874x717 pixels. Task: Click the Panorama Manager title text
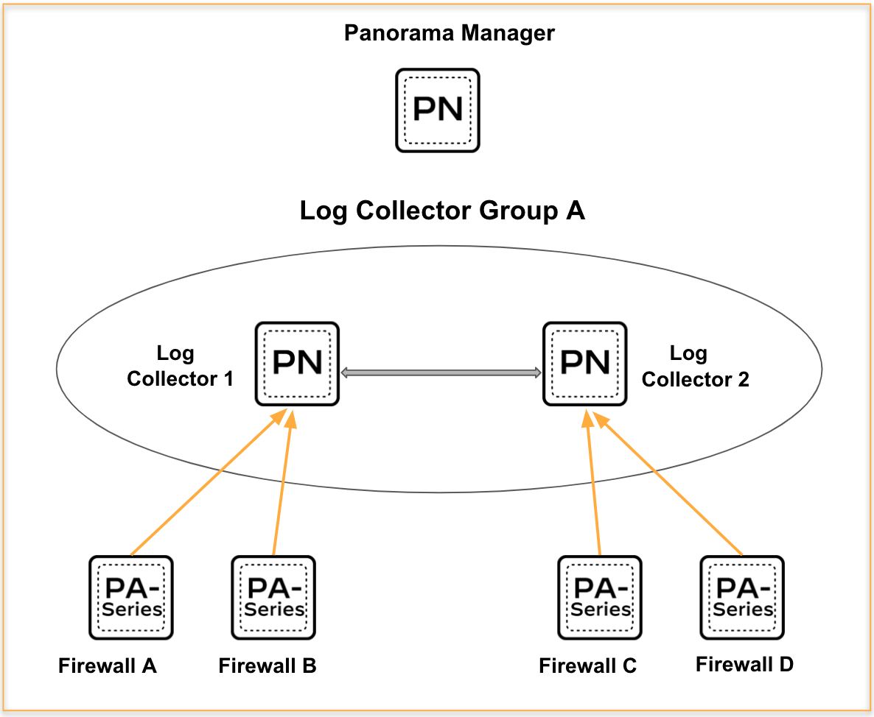(x=449, y=33)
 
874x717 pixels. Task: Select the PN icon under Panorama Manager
(x=438, y=110)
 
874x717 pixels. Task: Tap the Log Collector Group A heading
(x=442, y=211)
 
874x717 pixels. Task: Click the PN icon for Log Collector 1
(x=297, y=363)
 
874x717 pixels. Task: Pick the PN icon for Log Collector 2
(x=585, y=363)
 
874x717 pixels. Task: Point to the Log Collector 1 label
(x=179, y=366)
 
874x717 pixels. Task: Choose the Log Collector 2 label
(x=694, y=366)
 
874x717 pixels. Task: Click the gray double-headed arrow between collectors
(x=441, y=373)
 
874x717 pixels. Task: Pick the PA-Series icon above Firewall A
(x=131, y=597)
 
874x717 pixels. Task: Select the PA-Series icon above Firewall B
(x=273, y=597)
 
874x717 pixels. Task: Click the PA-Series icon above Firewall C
(x=600, y=597)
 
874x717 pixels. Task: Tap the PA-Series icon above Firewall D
(x=741, y=597)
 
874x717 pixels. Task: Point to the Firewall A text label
(x=108, y=666)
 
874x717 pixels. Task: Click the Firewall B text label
(x=268, y=666)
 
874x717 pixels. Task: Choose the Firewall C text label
(x=587, y=667)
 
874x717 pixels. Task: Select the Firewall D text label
(x=744, y=665)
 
